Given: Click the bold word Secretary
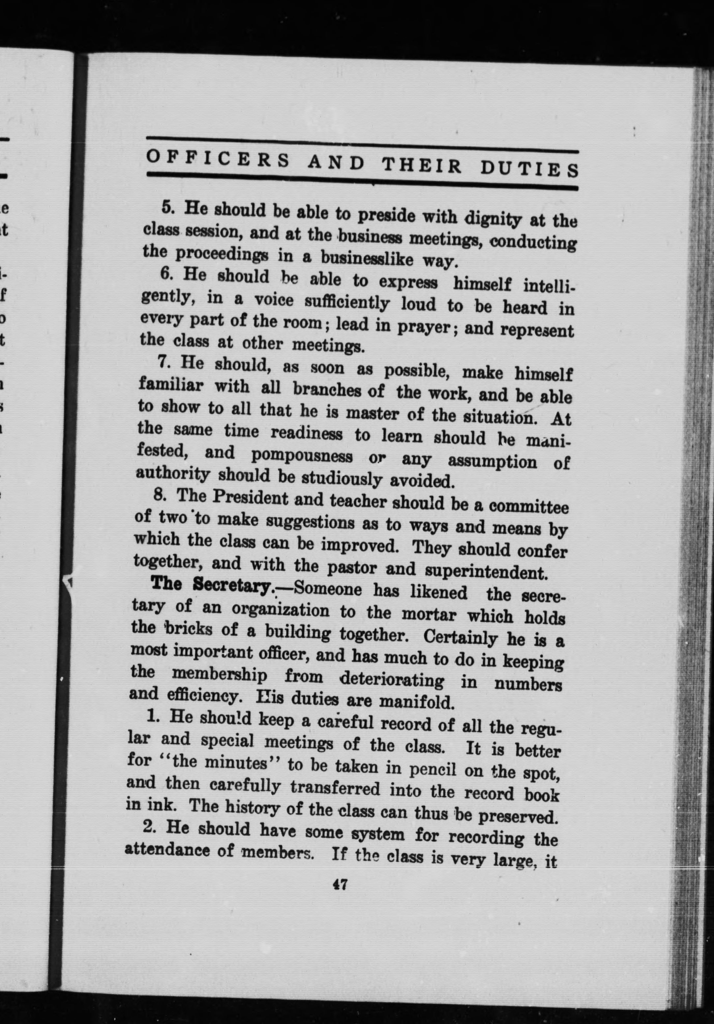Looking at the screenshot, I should click(x=233, y=586).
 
